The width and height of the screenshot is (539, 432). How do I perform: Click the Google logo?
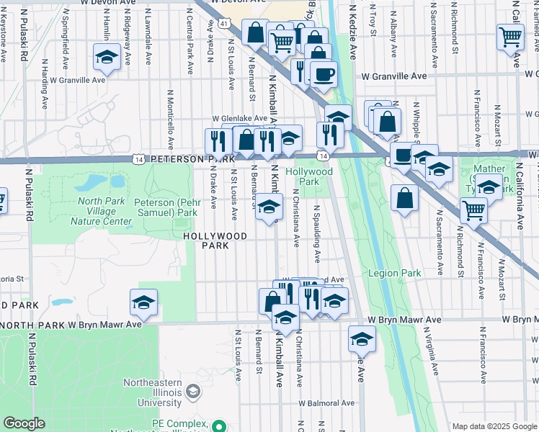(24, 423)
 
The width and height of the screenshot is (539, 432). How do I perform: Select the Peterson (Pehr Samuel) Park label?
(166, 208)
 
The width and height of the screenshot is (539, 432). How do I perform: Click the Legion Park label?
(394, 273)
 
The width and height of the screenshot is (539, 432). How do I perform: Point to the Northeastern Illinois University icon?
(192, 392)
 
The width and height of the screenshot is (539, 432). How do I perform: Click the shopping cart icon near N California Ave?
(509, 35)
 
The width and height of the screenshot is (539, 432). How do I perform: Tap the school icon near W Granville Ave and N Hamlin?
(107, 58)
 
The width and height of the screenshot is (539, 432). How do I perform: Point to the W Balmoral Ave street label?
(329, 402)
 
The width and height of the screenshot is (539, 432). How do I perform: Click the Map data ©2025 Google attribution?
(494, 426)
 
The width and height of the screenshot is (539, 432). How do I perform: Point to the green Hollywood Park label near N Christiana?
(309, 176)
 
